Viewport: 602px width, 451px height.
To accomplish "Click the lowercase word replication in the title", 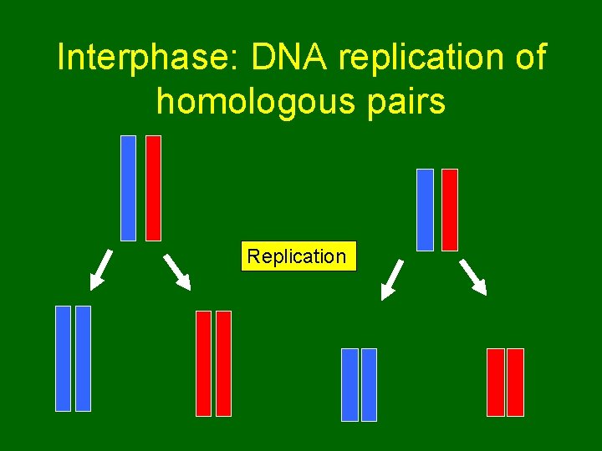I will pyautogui.click(x=416, y=58).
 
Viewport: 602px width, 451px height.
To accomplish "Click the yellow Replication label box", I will pyautogui.click(x=298, y=256).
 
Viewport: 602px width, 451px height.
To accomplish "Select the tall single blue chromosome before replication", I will pyautogui.click(x=128, y=188).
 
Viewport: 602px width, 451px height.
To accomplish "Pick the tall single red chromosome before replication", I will pyautogui.click(x=153, y=188).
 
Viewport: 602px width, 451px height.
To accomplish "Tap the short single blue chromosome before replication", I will pyautogui.click(x=425, y=210).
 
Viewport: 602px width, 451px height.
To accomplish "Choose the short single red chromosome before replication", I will pyautogui.click(x=450, y=210).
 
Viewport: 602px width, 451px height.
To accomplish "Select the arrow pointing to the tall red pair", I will pyautogui.click(x=177, y=270).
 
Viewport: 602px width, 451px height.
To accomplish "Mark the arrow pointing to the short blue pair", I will pyautogui.click(x=392, y=279).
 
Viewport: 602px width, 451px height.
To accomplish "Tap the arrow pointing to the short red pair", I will pyautogui.click(x=474, y=277).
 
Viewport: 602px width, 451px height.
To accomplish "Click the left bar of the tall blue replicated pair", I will pyautogui.click(x=63, y=358).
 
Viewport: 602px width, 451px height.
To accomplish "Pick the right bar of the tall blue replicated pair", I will pyautogui.click(x=83, y=358).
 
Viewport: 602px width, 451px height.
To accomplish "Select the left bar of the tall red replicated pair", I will pyautogui.click(x=203, y=363).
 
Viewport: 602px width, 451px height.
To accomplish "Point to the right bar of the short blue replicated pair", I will pyautogui.click(x=369, y=384).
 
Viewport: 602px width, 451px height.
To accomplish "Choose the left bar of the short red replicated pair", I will pyautogui.click(x=495, y=382).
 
